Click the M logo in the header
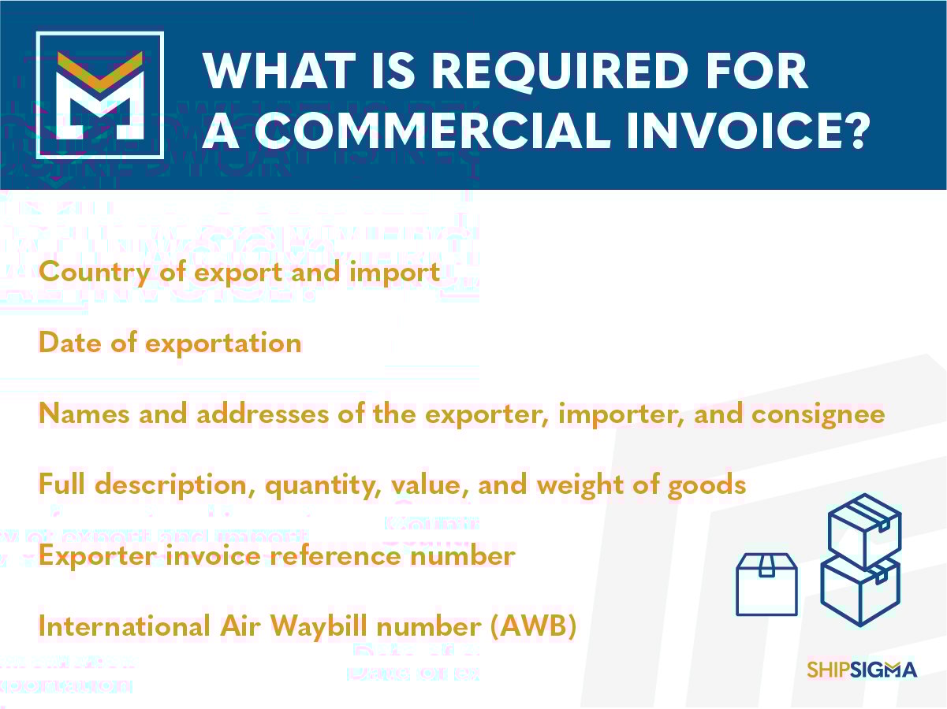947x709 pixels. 99,95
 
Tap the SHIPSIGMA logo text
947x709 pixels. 862,670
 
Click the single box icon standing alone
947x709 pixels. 766,584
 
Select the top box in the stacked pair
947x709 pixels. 864,531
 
